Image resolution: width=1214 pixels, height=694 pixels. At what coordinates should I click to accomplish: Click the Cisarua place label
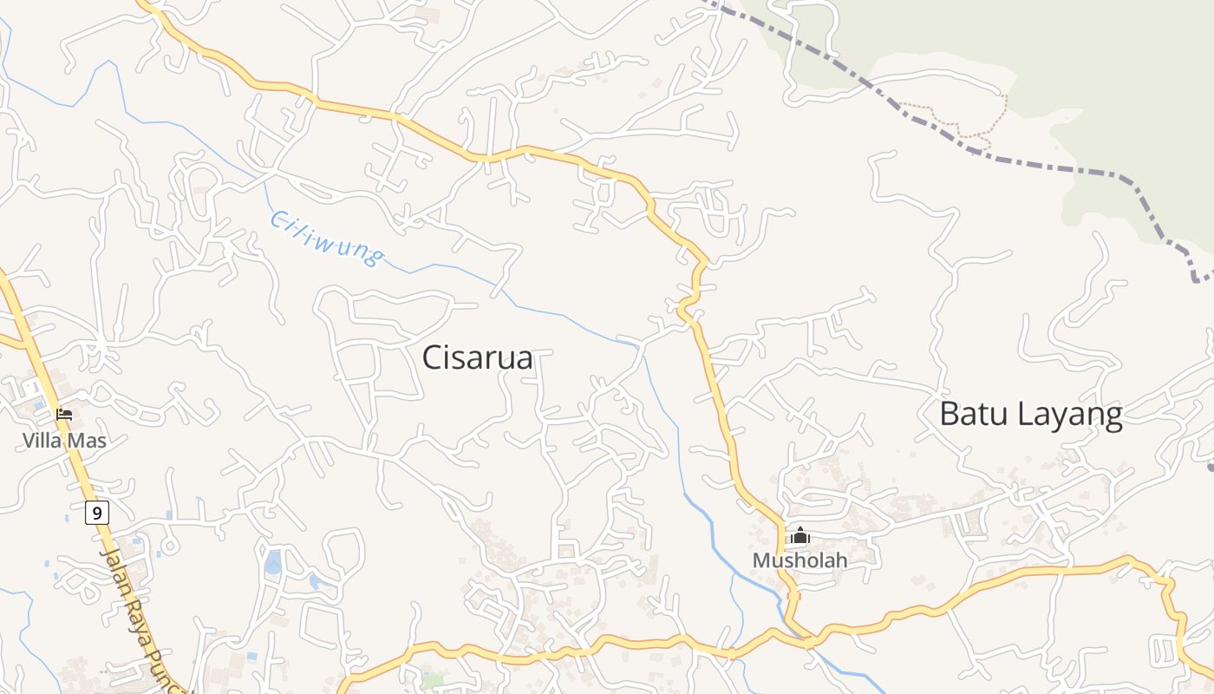(477, 358)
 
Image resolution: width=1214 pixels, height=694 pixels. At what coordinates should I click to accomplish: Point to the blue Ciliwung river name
(325, 237)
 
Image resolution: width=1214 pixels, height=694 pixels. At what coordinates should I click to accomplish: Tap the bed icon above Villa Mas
(64, 414)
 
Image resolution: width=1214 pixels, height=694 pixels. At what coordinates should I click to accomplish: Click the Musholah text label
(800, 560)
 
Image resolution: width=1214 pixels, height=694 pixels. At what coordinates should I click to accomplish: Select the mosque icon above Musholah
(800, 536)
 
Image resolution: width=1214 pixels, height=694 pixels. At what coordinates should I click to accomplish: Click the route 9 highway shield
(97, 514)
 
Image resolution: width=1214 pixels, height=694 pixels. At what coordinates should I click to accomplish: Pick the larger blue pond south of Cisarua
(273, 562)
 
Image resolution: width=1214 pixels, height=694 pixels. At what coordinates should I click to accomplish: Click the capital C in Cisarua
(433, 358)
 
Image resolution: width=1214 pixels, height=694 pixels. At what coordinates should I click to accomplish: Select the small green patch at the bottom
(434, 680)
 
